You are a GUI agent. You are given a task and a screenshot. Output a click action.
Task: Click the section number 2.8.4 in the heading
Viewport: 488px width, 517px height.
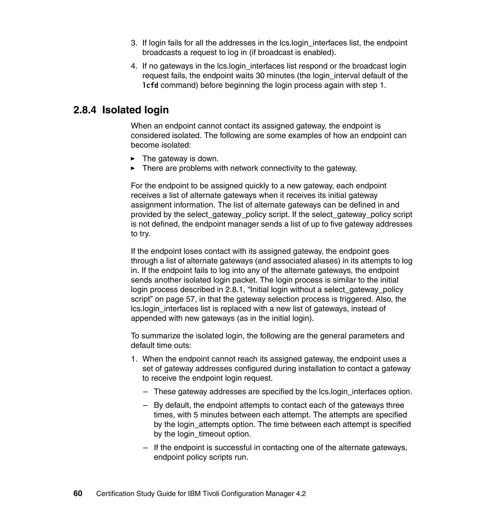pos(85,110)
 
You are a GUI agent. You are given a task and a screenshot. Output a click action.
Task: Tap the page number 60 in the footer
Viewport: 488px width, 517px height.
pos(78,493)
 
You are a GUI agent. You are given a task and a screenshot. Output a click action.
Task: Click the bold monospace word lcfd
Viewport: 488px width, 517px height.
pos(150,85)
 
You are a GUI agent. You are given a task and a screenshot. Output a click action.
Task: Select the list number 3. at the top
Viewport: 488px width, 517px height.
pos(134,43)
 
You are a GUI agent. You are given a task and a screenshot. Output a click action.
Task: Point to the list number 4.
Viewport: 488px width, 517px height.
pos(134,66)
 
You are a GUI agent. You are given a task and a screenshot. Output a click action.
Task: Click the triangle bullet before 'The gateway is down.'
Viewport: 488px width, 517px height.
pos(133,159)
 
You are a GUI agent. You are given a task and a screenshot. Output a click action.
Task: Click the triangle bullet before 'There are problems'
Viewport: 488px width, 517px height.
pos(133,168)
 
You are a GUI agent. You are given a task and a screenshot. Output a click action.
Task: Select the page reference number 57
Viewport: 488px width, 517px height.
pos(191,299)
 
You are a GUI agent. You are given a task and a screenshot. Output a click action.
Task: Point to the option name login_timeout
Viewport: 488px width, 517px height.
pos(201,434)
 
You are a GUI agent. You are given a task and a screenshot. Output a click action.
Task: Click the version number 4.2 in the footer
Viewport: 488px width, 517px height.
pos(301,494)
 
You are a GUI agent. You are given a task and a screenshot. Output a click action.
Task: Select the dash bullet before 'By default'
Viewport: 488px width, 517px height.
pos(145,405)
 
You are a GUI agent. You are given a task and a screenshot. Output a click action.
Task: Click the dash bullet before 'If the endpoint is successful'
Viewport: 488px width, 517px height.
pos(145,448)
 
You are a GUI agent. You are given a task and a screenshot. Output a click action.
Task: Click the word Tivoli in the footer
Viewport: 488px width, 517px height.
pos(211,494)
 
